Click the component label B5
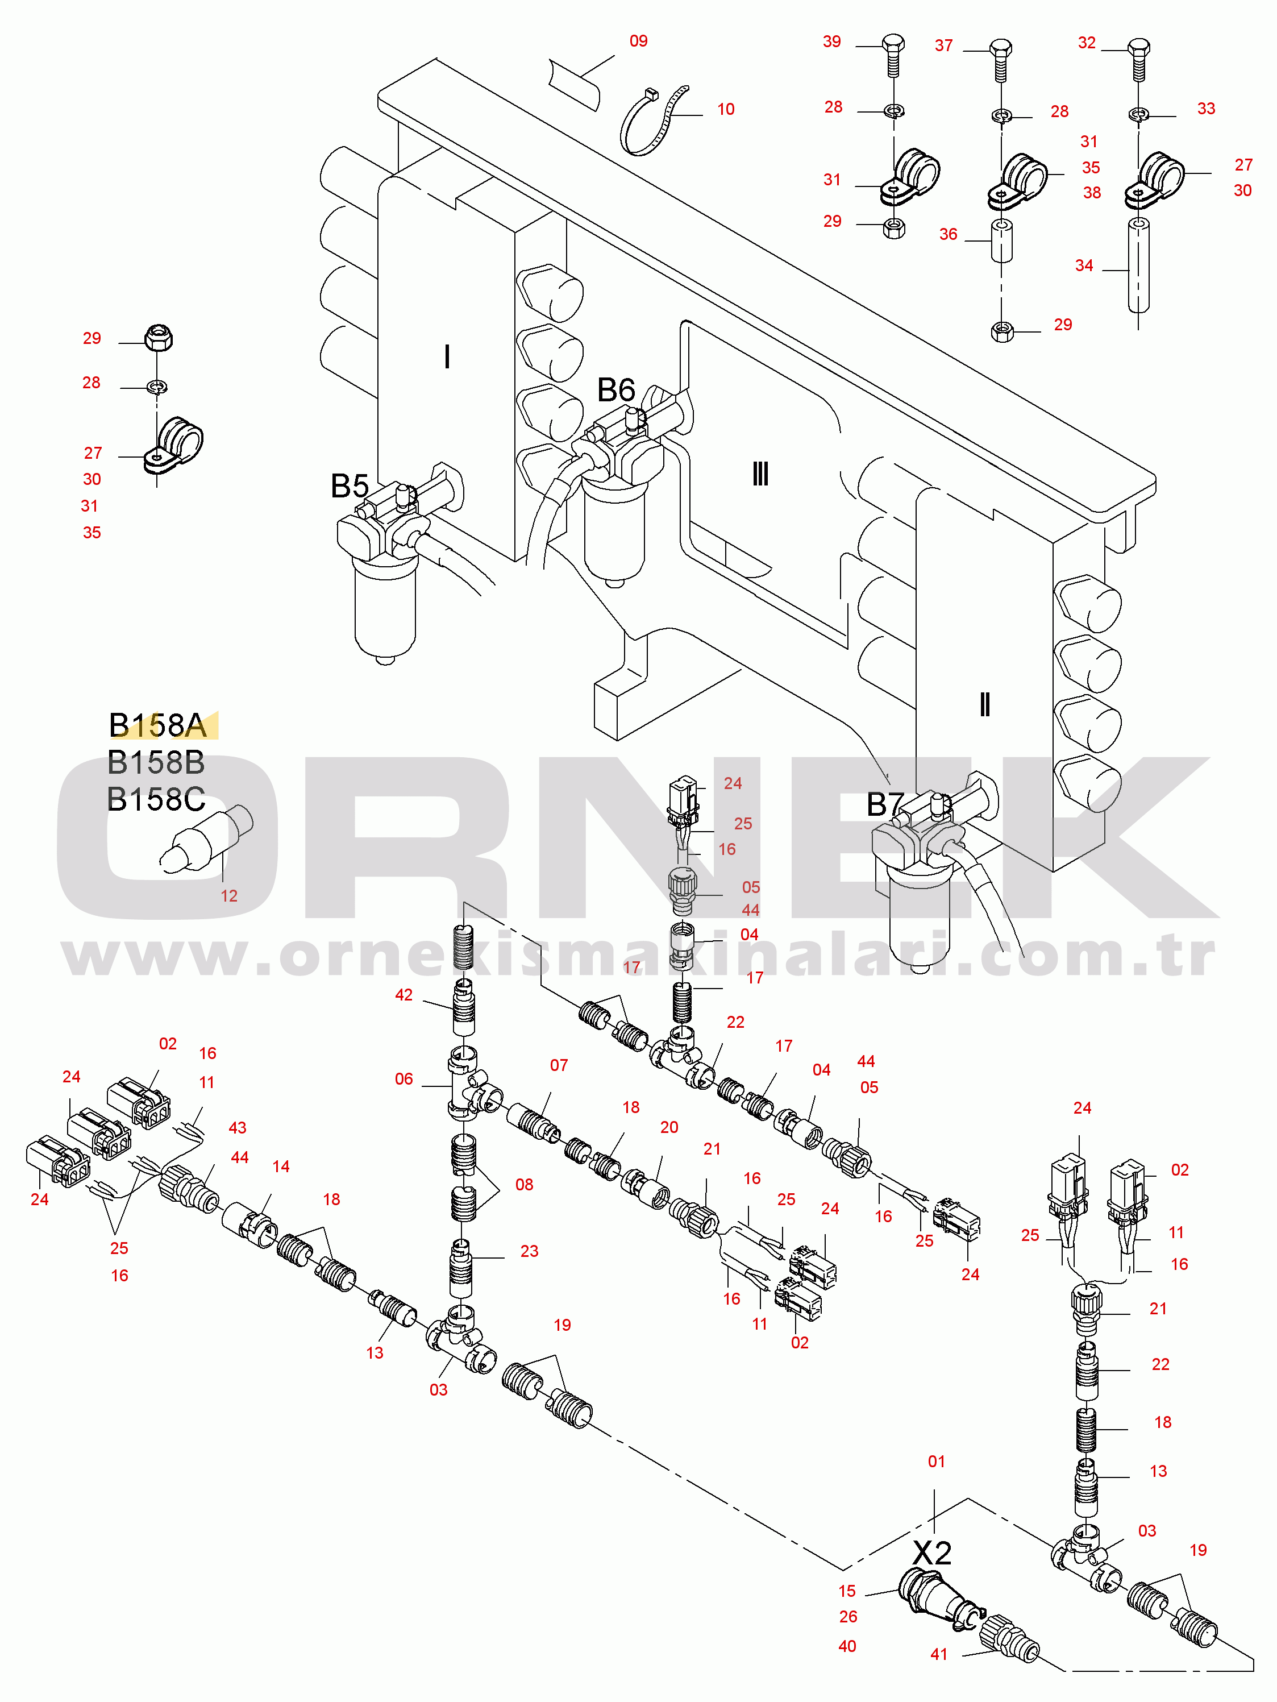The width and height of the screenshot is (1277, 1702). [x=350, y=486]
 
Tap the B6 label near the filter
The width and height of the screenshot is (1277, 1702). [x=616, y=390]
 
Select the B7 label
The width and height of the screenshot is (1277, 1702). [x=885, y=805]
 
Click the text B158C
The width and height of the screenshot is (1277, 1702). [x=156, y=799]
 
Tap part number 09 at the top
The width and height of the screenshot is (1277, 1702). [x=639, y=41]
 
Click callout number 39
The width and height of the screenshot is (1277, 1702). [x=831, y=42]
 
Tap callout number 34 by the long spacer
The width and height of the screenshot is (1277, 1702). [x=1084, y=266]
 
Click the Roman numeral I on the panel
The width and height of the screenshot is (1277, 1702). [x=447, y=357]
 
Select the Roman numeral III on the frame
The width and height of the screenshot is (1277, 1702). [x=760, y=474]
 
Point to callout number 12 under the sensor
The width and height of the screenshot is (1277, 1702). [x=228, y=896]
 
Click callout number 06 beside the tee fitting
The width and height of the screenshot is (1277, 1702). [x=404, y=1080]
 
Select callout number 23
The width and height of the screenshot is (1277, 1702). [x=529, y=1252]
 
